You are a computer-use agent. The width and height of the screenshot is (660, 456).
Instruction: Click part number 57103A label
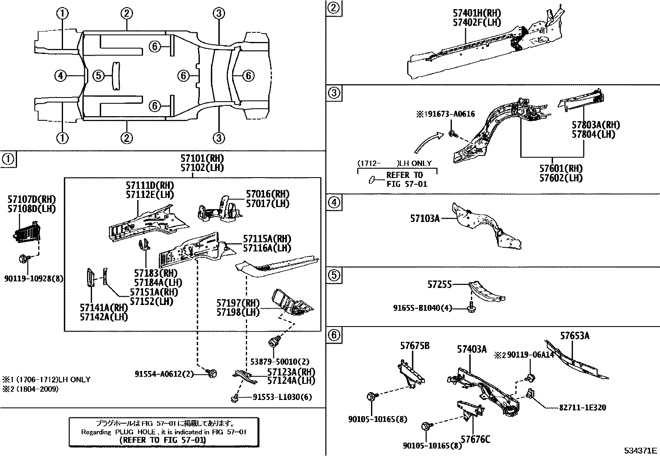(x=425, y=218)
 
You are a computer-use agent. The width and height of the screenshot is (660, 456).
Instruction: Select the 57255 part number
(x=439, y=285)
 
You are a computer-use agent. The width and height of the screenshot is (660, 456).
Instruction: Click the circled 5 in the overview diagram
(x=97, y=76)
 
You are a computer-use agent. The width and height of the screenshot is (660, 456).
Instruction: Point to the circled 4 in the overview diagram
(x=61, y=76)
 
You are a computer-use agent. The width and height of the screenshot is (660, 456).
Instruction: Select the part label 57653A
(x=575, y=336)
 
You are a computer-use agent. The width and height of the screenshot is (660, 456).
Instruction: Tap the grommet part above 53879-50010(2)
(x=273, y=343)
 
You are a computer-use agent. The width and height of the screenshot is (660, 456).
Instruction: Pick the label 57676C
(x=475, y=439)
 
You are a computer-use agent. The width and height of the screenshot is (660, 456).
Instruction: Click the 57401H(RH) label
(x=476, y=13)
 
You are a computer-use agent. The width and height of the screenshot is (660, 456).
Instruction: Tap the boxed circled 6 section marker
(x=334, y=334)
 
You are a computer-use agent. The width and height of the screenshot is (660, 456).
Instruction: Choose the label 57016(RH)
(x=267, y=194)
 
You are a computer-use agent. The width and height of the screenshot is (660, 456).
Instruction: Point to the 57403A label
(x=472, y=349)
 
